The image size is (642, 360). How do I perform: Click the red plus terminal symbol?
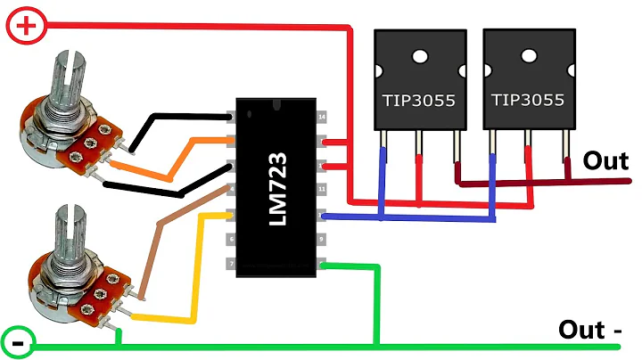pyautogui.click(x=27, y=26)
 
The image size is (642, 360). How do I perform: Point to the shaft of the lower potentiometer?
pyautogui.click(x=68, y=233)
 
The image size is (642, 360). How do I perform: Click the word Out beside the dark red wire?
pyautogui.click(x=605, y=160)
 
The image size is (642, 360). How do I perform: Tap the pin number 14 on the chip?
pyautogui.click(x=322, y=117)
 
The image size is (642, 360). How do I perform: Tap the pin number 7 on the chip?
pyautogui.click(x=230, y=265)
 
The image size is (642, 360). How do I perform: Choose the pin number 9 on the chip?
pyautogui.click(x=322, y=240)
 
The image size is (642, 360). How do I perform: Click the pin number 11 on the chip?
pyautogui.click(x=322, y=190)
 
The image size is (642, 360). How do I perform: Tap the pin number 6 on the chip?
pyautogui.click(x=230, y=240)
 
